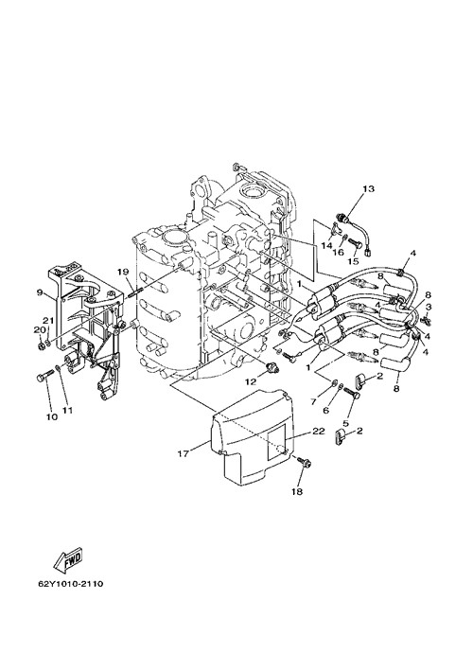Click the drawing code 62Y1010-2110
[x=70, y=583]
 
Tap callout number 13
[x=368, y=189]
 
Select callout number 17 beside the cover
[x=183, y=453]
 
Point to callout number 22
[x=319, y=433]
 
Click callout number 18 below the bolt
[x=297, y=492]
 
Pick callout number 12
[x=251, y=381]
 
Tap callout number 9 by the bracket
[x=40, y=292]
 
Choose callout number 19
[x=122, y=272]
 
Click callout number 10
[x=52, y=416]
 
